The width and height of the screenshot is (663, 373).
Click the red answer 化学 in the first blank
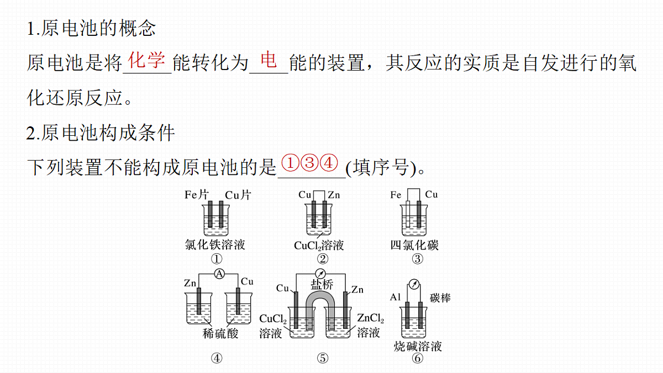click(146, 60)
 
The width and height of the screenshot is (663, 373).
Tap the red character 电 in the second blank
click(269, 60)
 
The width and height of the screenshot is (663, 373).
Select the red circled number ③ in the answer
click(309, 163)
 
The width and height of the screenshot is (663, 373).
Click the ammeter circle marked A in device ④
click(219, 274)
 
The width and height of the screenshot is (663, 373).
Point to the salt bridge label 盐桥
click(322, 285)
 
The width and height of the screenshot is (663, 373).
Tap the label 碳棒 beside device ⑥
click(440, 297)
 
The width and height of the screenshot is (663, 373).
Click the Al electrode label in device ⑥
click(396, 297)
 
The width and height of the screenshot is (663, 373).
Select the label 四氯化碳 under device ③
click(414, 245)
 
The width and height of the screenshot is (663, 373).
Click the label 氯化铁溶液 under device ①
click(215, 244)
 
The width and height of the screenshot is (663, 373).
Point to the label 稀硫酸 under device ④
click(220, 334)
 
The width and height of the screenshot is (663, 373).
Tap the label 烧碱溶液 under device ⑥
click(418, 346)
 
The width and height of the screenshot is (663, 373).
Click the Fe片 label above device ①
click(197, 195)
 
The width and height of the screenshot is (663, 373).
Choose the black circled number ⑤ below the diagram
click(323, 358)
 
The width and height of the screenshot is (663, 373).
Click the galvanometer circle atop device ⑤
click(320, 273)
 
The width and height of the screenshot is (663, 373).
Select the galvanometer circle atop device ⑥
click(414, 284)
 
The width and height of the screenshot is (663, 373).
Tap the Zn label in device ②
click(334, 195)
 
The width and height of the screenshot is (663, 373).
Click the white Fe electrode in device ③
click(408, 214)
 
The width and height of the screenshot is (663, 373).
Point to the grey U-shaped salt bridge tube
click(320, 296)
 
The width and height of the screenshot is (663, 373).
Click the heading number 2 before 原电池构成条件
click(30, 133)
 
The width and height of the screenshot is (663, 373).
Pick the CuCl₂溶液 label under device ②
click(319, 246)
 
